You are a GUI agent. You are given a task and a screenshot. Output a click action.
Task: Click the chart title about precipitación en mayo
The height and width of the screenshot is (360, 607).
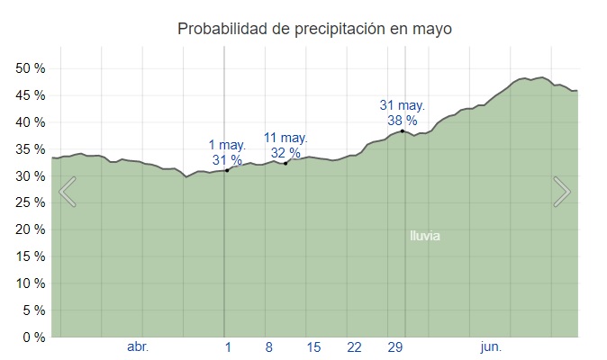point(314,29)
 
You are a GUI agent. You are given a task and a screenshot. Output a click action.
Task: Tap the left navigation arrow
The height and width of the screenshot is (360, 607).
point(68,192)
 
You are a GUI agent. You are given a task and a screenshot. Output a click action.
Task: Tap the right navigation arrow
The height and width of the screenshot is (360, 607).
point(561,192)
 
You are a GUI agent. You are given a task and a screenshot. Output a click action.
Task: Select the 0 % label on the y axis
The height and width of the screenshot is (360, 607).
point(33,337)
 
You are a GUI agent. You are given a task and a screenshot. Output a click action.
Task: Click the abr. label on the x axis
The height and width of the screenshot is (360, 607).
point(138,347)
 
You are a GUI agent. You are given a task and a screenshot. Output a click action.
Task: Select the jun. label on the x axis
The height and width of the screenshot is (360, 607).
point(491,347)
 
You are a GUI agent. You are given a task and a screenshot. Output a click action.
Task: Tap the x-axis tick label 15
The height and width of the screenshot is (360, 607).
point(313,347)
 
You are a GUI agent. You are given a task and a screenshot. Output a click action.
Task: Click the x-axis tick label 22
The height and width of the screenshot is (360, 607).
point(354,347)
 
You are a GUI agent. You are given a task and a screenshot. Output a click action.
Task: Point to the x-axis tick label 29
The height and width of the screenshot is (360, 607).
point(395,347)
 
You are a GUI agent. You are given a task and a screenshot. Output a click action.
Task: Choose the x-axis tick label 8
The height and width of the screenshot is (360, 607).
point(268,347)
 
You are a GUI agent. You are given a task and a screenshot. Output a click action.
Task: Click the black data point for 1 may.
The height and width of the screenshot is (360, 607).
point(227,170)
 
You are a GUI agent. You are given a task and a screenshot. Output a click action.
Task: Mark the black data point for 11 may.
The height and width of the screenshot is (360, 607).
point(285,163)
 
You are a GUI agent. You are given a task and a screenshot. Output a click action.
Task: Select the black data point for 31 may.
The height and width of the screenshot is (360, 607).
point(403,131)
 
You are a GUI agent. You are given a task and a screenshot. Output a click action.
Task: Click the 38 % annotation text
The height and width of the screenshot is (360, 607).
point(403,120)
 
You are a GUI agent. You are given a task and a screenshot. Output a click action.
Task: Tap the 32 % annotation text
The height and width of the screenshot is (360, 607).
point(285,152)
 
